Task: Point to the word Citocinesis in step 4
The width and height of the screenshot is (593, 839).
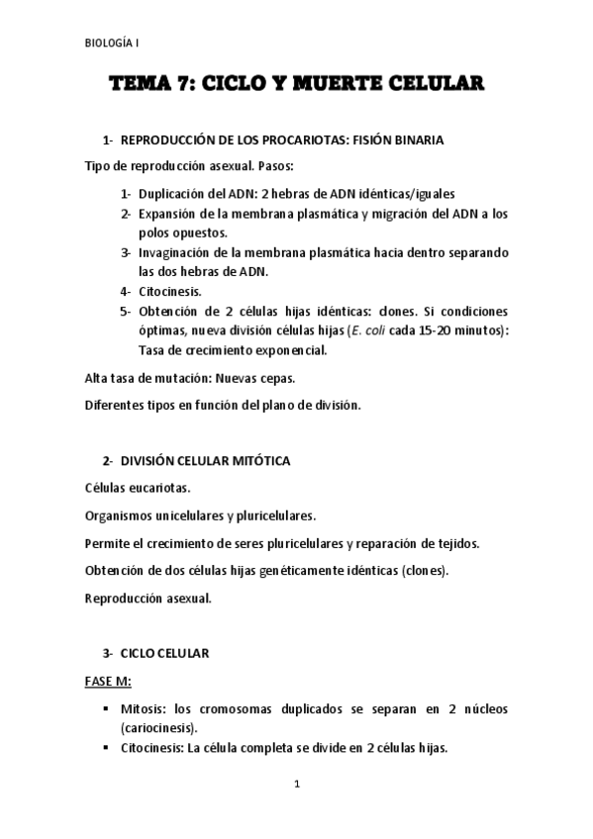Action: pos(170,291)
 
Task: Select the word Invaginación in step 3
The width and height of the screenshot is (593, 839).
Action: pos(179,252)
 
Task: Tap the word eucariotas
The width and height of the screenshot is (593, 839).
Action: pos(158,489)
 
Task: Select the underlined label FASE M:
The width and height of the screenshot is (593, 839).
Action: pos(107,682)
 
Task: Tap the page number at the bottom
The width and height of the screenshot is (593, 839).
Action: pos(296,785)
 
